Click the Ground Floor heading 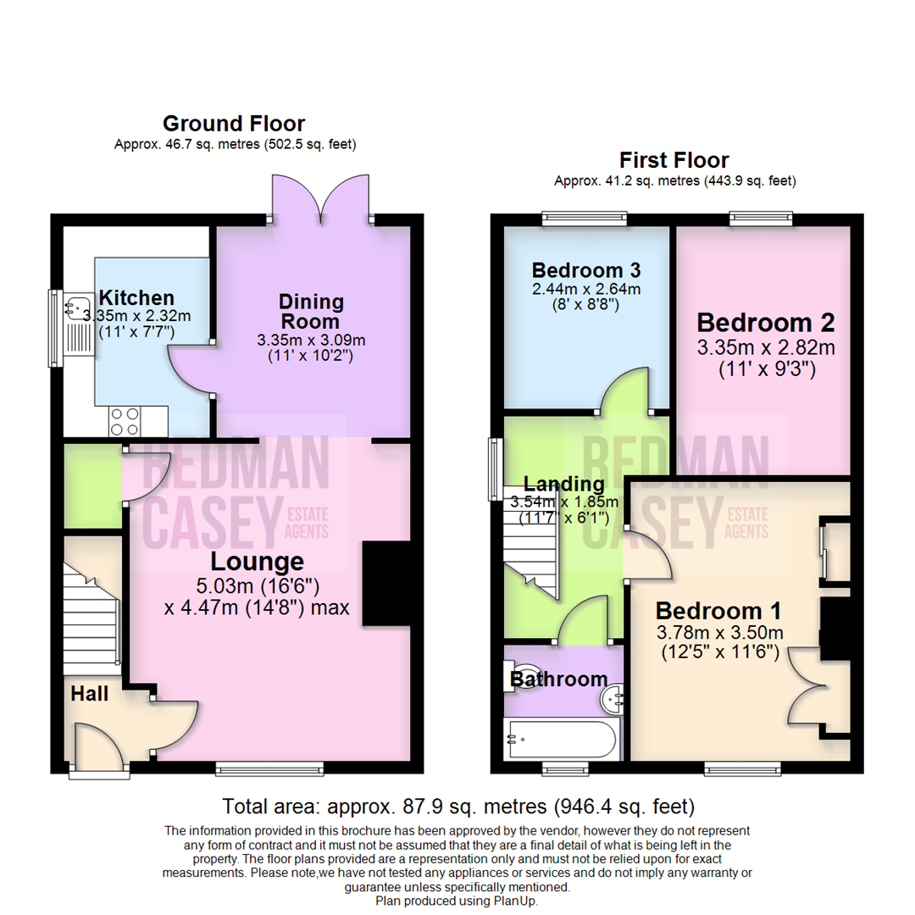234,124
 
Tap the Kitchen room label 136,297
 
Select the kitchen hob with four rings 125,419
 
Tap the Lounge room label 257,561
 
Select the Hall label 89,694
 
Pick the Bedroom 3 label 585,270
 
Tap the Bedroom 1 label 718,611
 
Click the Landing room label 563,485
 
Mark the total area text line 457,805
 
